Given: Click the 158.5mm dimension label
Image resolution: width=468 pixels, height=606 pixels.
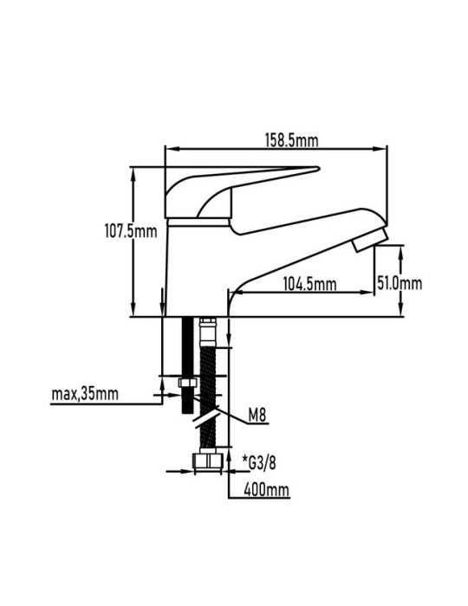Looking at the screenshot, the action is pos(291,140).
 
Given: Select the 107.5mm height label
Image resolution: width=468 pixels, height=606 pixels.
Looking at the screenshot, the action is pos(131,231).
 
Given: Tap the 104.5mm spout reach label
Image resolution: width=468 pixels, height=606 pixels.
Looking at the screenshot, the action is pos(309,285).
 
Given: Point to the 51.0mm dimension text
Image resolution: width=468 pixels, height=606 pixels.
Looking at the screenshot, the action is pos(400,283).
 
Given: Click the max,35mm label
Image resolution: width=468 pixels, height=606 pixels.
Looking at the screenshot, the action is pos(85,394).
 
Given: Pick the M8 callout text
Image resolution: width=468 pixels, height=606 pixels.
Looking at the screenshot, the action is pos(257,416).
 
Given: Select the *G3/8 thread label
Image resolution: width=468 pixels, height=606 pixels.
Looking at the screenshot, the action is pos(259,462).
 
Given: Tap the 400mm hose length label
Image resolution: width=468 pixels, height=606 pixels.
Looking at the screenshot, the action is pos(266,490).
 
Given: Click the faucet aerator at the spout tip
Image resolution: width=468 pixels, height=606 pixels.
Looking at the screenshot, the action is pos(370,240).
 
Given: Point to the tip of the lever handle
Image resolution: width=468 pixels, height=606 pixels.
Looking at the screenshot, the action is pos(318,168).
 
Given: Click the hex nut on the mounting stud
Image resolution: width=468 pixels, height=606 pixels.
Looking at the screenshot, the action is pos(187,383).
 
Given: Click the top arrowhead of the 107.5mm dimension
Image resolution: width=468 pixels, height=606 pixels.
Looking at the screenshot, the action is pos(133,173).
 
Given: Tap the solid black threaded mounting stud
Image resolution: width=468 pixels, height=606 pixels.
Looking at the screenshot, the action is pos(187,365).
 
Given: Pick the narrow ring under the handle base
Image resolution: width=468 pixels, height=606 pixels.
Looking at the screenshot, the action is pos(198,222).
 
